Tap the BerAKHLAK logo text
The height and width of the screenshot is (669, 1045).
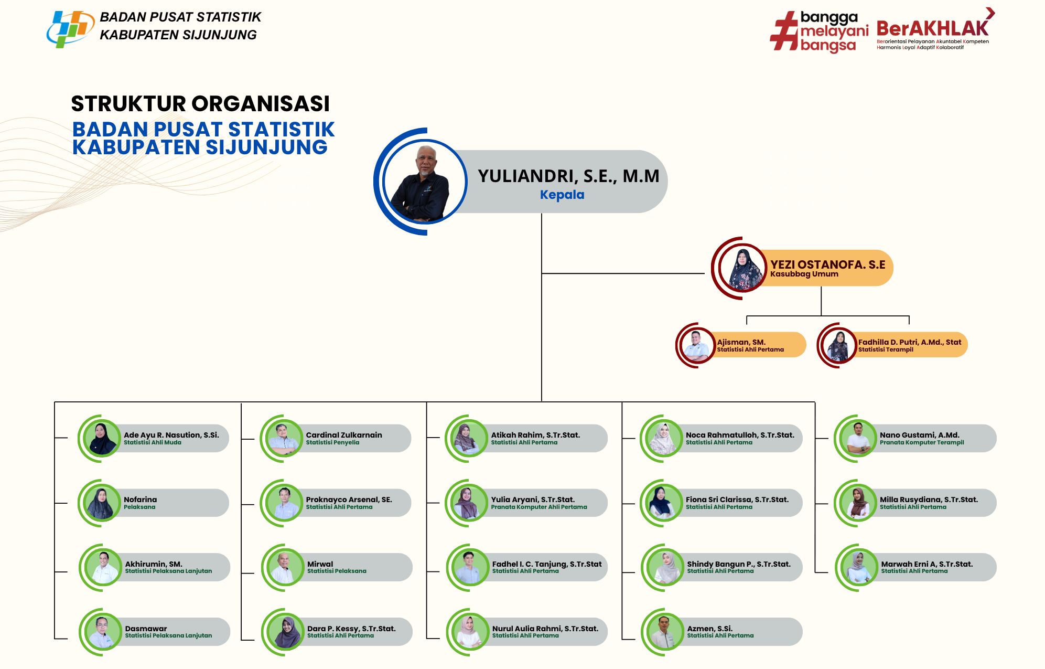(x=932, y=28)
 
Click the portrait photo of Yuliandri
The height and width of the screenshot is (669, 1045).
(x=425, y=182)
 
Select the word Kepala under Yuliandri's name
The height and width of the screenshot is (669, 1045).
(x=562, y=195)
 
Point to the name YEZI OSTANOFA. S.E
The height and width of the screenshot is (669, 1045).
(x=827, y=264)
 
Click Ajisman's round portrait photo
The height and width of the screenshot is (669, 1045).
(x=696, y=345)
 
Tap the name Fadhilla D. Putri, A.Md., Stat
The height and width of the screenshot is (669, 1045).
(x=910, y=342)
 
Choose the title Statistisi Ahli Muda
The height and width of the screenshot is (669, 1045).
(x=153, y=442)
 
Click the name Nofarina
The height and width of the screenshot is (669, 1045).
(x=141, y=500)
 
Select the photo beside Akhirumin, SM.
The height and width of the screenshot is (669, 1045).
(x=103, y=567)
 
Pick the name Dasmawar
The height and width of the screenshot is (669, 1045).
(x=146, y=629)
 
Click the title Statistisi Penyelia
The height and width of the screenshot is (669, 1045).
(x=332, y=442)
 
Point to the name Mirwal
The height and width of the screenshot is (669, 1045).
(x=320, y=564)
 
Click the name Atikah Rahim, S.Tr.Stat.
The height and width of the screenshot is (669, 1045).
(x=535, y=435)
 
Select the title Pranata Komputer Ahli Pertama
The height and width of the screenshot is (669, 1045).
(x=539, y=507)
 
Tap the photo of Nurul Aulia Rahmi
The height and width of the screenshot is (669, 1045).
(x=469, y=632)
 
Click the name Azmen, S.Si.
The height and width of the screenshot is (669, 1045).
(x=710, y=629)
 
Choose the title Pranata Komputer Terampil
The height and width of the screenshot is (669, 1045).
(x=922, y=442)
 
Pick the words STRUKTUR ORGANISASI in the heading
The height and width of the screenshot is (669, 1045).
(x=200, y=103)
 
